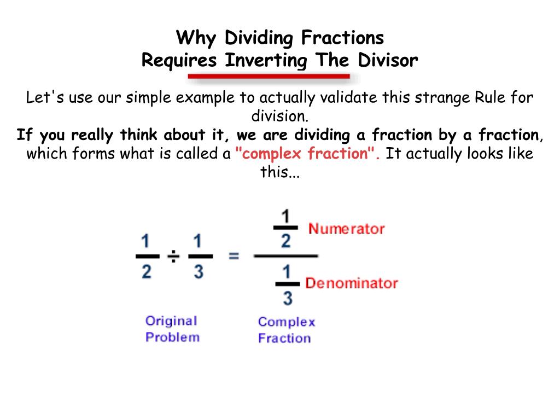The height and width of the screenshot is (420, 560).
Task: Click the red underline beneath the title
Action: (269, 77)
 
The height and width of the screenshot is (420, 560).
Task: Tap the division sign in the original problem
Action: (173, 256)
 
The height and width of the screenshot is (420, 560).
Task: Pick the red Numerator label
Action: (346, 229)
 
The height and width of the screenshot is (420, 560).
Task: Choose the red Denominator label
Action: (351, 283)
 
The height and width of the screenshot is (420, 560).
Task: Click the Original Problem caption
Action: (172, 329)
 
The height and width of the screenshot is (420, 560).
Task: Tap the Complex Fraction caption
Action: (286, 330)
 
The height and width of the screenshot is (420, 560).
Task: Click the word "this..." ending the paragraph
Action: (280, 172)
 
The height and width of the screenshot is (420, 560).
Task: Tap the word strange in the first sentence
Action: (442, 98)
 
